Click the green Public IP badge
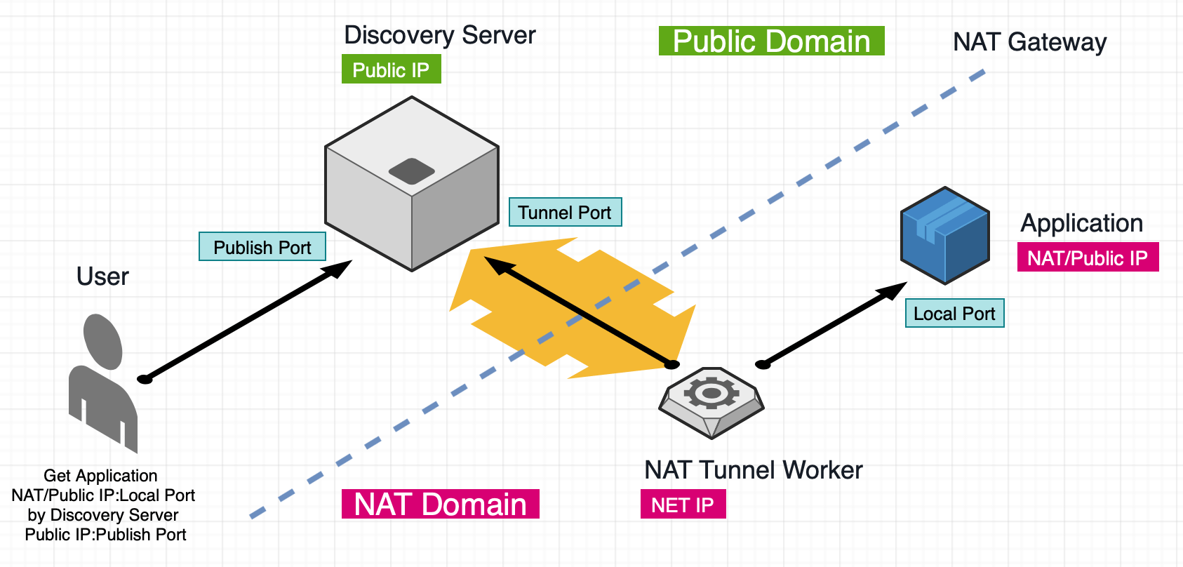point(391,69)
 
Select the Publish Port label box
point(262,247)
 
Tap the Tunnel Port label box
point(565,212)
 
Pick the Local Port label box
point(954,314)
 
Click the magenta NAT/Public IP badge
point(1088,258)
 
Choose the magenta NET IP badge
point(683,505)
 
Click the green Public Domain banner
point(771,41)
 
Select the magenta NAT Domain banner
point(440,505)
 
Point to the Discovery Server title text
point(440,34)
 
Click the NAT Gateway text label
point(1029,41)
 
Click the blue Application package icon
point(945,235)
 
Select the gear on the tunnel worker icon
point(711,393)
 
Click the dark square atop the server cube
point(412,171)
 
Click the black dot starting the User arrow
point(145,379)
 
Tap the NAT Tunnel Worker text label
point(753,469)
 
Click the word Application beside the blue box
point(1081,222)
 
